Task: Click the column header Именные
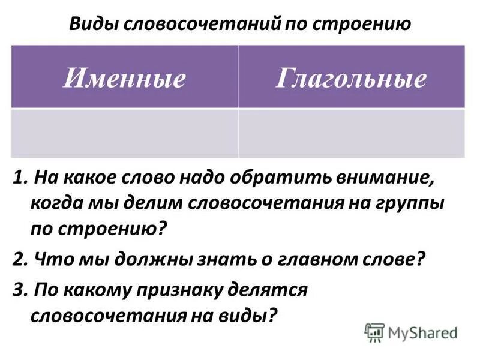point(124,79)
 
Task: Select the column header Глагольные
point(351,79)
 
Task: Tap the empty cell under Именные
point(124,133)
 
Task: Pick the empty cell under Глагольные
point(351,133)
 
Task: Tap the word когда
point(55,203)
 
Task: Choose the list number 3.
point(17,290)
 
